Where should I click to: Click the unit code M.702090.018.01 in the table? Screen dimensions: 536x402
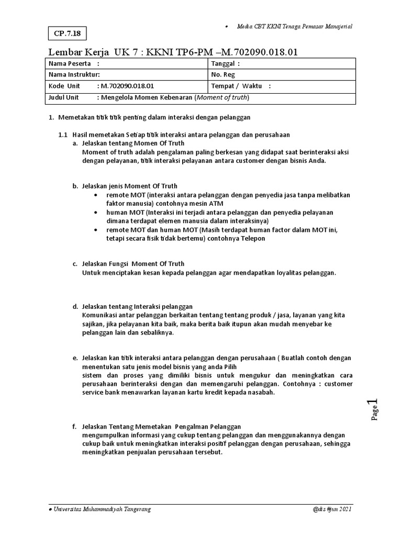(128, 86)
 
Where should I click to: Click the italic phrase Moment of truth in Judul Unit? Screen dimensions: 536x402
(222, 97)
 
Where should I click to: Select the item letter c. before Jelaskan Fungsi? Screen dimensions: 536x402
(75, 264)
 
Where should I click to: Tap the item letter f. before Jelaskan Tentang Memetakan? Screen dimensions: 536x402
(75, 427)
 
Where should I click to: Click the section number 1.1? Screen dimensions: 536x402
(63, 135)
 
